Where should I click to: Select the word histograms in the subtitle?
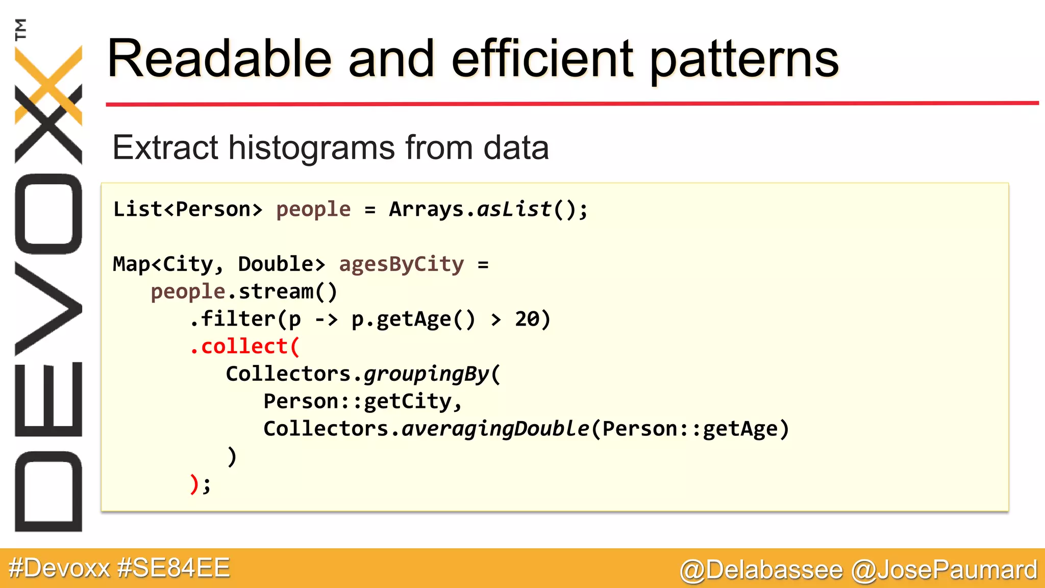(x=311, y=148)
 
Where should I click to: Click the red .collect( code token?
(x=244, y=347)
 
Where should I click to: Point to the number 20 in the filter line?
(x=527, y=319)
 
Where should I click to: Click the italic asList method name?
(x=514, y=209)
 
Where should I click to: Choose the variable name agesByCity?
(x=402, y=264)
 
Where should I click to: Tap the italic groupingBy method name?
(x=427, y=374)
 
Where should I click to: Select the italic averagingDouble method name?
(x=495, y=429)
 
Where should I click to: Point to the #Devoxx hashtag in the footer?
(x=59, y=568)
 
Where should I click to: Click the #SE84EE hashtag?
(x=173, y=568)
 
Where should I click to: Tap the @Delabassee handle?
(x=761, y=570)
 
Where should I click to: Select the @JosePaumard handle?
(x=944, y=570)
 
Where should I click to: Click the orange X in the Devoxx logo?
(x=48, y=84)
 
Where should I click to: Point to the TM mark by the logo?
(x=21, y=30)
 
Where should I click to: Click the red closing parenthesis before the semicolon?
(x=194, y=484)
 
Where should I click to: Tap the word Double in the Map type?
(x=276, y=264)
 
